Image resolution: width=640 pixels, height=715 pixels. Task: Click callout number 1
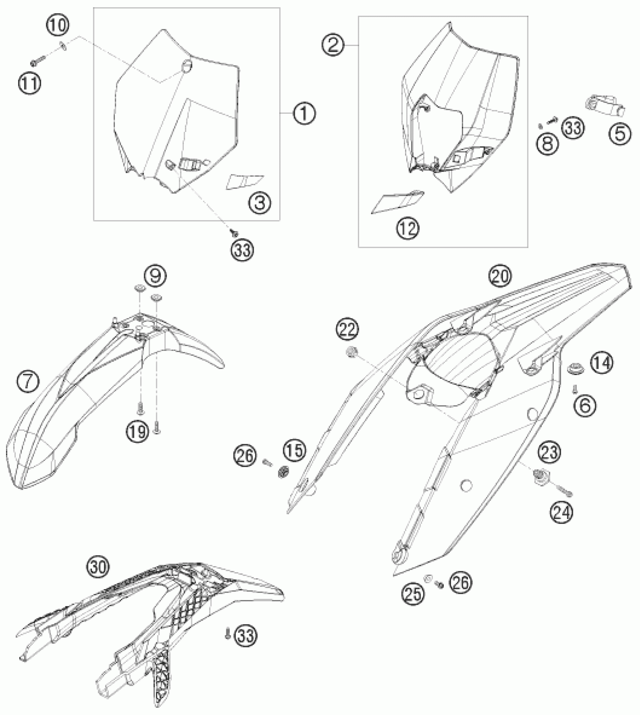click(x=304, y=113)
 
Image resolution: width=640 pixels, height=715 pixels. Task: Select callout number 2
click(x=333, y=46)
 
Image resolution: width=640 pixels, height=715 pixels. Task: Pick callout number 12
click(x=408, y=228)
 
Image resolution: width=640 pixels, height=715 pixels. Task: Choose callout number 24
click(x=562, y=512)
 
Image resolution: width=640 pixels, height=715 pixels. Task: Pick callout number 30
click(x=98, y=566)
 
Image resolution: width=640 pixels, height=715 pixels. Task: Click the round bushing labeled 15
click(x=283, y=472)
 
